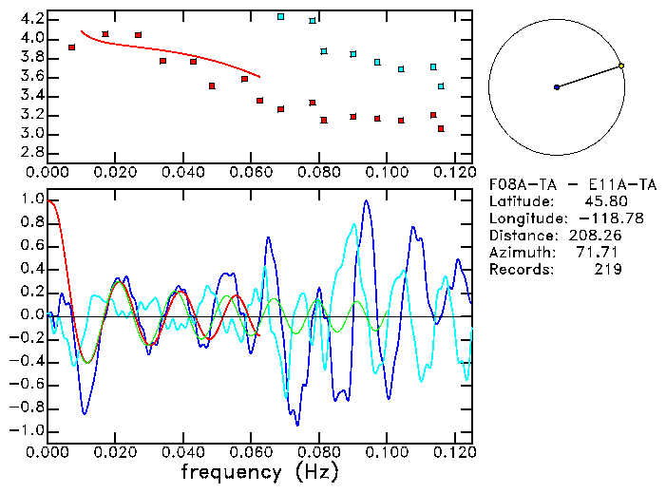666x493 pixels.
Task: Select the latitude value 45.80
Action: (601, 201)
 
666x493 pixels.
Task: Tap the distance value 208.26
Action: (595, 236)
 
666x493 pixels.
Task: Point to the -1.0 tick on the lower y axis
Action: (29, 430)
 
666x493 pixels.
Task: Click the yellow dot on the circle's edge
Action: (621, 66)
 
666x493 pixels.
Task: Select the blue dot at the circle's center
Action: (557, 87)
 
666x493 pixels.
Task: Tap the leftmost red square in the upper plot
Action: (71, 47)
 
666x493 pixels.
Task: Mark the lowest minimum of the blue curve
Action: (297, 424)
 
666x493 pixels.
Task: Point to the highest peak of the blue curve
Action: (368, 201)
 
